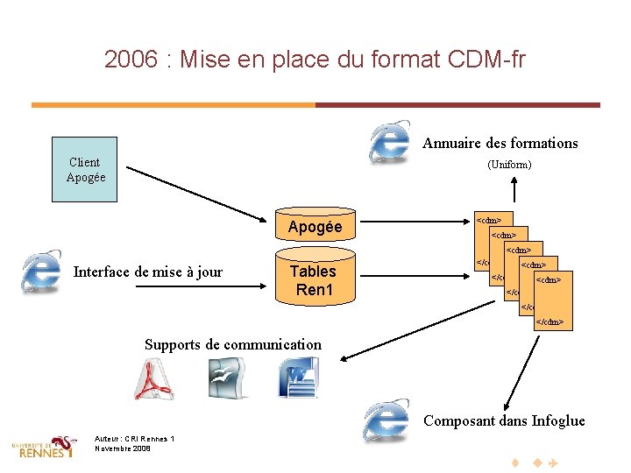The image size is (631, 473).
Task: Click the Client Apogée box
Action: click(84, 170)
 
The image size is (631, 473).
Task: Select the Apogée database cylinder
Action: click(315, 228)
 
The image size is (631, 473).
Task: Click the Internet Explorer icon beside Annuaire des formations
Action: click(390, 141)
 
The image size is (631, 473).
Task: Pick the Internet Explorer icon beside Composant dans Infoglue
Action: click(385, 421)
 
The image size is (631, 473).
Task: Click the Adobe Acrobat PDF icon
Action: click(154, 379)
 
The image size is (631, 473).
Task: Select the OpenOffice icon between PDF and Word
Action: click(226, 379)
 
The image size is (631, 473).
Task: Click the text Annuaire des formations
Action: click(500, 144)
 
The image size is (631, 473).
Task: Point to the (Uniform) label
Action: click(509, 165)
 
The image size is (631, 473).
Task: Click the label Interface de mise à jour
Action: click(147, 272)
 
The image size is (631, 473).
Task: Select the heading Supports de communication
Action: click(232, 344)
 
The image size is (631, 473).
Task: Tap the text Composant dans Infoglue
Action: click(504, 421)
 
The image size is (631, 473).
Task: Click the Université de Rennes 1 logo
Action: click(44, 447)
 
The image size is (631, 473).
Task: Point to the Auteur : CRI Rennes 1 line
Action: click(135, 439)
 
